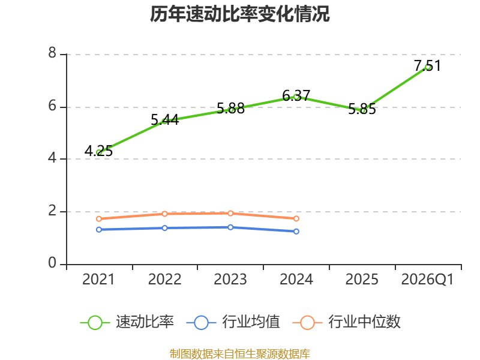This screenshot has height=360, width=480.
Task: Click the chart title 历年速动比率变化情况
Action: coord(239,14)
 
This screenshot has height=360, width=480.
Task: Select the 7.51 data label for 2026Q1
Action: coord(427,65)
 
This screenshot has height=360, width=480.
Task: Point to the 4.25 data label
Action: coord(98,151)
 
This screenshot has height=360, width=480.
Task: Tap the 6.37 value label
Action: coord(296,95)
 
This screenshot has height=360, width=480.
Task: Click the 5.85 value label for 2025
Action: coord(362,109)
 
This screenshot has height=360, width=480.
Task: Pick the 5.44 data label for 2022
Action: coord(164,119)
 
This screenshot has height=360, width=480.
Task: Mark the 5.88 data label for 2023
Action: coord(230,109)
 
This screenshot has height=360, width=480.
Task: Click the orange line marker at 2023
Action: coord(230,214)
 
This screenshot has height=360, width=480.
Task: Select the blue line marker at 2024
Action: coord(296,232)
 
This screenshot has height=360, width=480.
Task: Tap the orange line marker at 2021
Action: coord(99,219)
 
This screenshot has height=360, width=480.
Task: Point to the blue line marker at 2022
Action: coord(164,228)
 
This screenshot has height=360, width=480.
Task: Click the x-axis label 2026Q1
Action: coord(427,279)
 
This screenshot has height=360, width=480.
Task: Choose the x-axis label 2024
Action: coord(296,279)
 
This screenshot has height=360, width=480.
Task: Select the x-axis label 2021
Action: coord(98,279)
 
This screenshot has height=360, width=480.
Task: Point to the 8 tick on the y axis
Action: coord(52,53)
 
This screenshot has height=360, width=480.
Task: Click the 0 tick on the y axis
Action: coord(52,263)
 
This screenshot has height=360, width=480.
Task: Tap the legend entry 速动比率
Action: coord(127,322)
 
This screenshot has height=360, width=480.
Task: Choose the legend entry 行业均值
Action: coord(233,322)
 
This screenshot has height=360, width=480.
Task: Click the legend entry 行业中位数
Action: coord(347,322)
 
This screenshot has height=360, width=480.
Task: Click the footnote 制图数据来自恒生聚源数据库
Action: coord(239,354)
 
